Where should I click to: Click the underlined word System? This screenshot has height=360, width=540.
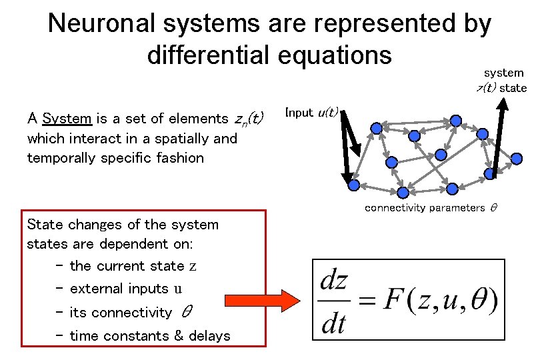tap(67, 119)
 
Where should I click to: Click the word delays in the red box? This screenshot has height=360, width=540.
tap(210, 335)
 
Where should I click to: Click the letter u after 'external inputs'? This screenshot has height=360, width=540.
tap(177, 289)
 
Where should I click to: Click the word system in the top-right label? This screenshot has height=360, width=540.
tap(503, 73)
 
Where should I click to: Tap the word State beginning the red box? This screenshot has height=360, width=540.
tap(46, 225)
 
